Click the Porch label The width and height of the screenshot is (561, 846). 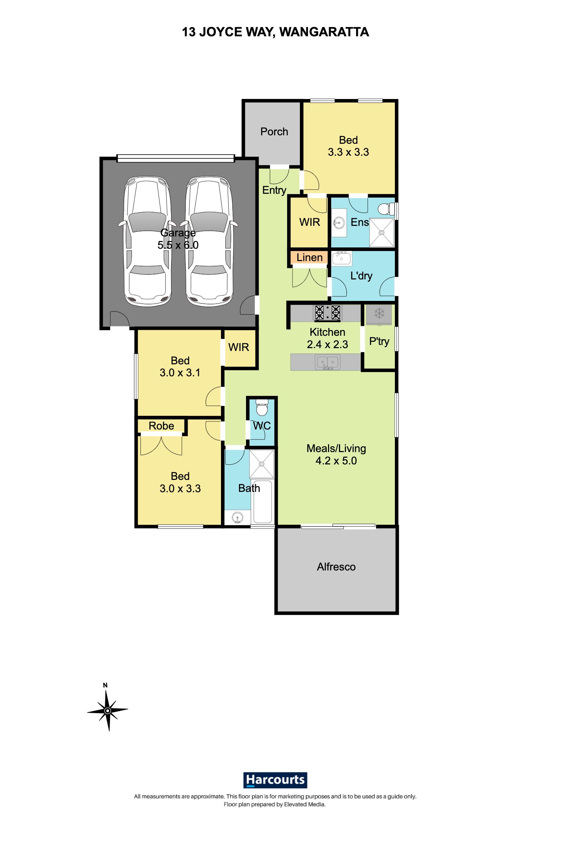point(274,132)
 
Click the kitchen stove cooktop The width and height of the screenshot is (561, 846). point(327,312)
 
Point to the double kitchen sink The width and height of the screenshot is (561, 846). point(327,363)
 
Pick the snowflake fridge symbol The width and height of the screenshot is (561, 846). point(379,314)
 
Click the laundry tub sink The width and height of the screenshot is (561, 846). point(342,258)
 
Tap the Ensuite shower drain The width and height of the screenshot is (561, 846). point(382,233)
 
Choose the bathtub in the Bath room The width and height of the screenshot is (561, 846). point(263,502)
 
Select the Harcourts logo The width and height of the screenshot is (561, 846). point(275,780)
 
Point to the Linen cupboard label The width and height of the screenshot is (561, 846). point(309,258)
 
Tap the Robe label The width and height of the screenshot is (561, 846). point(161,426)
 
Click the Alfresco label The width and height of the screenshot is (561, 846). point(336,567)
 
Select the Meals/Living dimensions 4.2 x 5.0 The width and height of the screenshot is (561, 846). point(336,461)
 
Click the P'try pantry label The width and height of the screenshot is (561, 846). point(379,342)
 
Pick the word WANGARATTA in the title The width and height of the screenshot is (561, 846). point(324,32)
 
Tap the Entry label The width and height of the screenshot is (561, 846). point(275,190)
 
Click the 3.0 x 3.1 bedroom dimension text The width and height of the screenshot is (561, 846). point(180,372)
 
